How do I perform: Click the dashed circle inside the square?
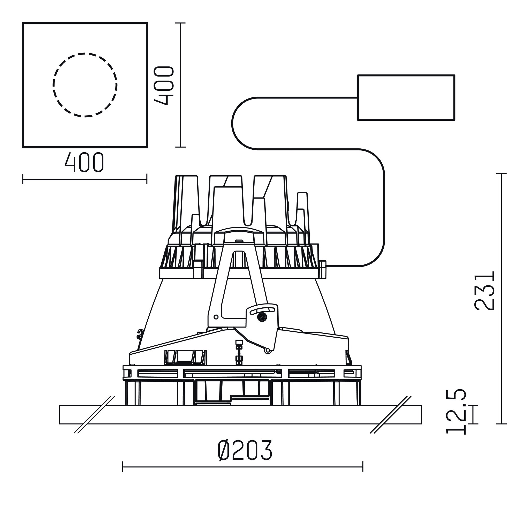click(x=85, y=53)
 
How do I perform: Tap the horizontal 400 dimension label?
click(x=84, y=162)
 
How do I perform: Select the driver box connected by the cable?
click(x=406, y=97)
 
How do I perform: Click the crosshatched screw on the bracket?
click(x=262, y=317)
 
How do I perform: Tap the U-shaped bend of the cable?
click(x=232, y=123)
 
